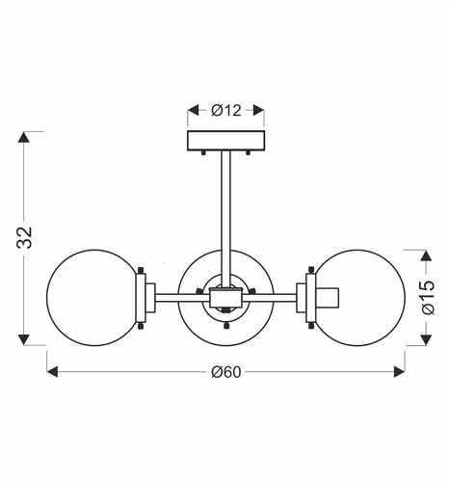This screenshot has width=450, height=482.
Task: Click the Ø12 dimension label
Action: pyautogui.click(x=225, y=110)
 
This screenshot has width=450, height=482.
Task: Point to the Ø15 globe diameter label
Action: pyautogui.click(x=429, y=297)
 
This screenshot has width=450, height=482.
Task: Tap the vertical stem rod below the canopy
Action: pyautogui.click(x=225, y=212)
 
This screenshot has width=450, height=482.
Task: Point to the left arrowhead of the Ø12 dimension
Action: pyautogui.click(x=192, y=110)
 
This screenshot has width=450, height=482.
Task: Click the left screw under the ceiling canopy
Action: pyautogui.click(x=204, y=152)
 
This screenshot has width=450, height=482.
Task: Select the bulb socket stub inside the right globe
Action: pyautogui.click(x=329, y=296)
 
